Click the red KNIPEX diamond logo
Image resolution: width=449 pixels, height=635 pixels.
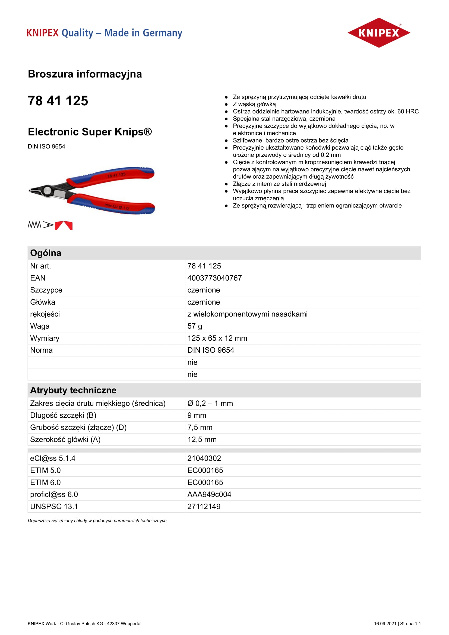coord(378,33)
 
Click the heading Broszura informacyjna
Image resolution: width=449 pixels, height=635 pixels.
coord(85,74)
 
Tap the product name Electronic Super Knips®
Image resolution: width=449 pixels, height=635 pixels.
coord(90,132)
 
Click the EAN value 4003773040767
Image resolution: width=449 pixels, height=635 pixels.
coord(214,278)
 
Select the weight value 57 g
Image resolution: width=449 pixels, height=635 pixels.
coord(195,326)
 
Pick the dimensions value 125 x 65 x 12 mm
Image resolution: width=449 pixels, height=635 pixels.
coord(217,338)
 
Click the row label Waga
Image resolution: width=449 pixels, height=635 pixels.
coord(40,326)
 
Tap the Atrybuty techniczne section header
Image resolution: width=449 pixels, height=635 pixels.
coord(73,390)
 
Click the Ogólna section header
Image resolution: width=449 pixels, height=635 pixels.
coord(46,253)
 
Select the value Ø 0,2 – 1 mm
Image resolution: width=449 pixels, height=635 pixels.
coord(210,403)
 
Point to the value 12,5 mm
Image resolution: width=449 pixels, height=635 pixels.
coord(202,440)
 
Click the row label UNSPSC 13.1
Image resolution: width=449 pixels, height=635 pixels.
coord(54,506)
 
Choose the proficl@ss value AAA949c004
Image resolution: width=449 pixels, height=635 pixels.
coord(209,494)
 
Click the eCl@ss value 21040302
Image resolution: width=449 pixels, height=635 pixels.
coord(204,458)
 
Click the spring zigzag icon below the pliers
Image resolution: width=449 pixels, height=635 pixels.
coord(34,225)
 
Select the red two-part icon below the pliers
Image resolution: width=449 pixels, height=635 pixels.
coord(64,226)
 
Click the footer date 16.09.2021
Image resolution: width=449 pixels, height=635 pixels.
coord(385,623)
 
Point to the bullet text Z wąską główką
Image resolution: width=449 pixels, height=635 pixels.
coord(254,104)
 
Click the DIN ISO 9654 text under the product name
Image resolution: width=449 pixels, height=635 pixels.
coord(46,147)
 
